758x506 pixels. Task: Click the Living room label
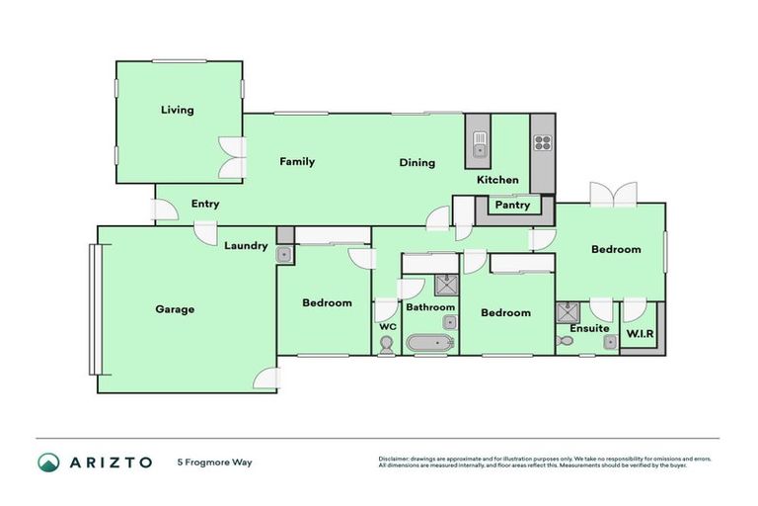tap(178, 110)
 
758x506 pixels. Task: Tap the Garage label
tap(175, 309)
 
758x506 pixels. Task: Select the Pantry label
tap(512, 206)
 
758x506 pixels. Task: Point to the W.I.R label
tap(642, 333)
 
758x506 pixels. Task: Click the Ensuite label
tap(589, 328)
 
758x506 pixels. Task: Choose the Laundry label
tap(246, 246)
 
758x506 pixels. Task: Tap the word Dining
tap(417, 163)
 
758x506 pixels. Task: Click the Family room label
tap(297, 161)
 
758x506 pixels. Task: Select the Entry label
tap(205, 205)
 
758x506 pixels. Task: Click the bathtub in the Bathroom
tap(429, 344)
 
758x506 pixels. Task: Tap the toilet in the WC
tap(386, 345)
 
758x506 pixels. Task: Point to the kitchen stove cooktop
tap(543, 141)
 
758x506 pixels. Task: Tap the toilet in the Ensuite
tap(565, 341)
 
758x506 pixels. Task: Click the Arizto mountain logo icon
tap(48, 462)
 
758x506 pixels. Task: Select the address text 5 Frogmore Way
tap(214, 462)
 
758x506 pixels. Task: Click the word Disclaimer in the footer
tap(393, 458)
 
